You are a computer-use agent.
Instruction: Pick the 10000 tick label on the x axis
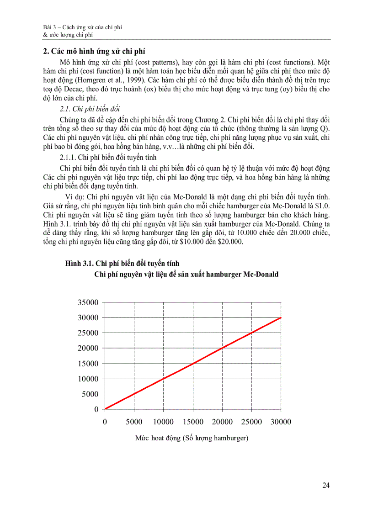coord(163,422)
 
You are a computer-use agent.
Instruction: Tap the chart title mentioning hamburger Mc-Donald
coord(186,275)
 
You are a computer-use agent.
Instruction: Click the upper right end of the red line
coord(281,317)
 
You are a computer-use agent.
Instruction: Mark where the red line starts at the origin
coord(105,409)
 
